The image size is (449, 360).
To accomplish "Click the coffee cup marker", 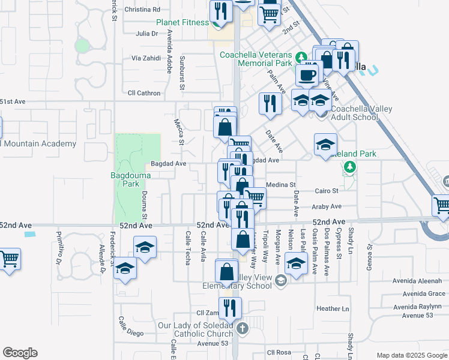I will (307, 75).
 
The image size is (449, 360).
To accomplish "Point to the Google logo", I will (20, 353).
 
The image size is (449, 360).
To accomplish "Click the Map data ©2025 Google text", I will (411, 355).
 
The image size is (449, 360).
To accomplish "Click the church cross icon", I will (242, 328).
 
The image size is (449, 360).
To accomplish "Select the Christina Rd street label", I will (142, 10).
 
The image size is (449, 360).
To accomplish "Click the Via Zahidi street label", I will (147, 58).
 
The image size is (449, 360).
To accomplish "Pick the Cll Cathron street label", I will (144, 93).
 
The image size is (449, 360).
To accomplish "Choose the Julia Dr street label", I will (146, 34).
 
